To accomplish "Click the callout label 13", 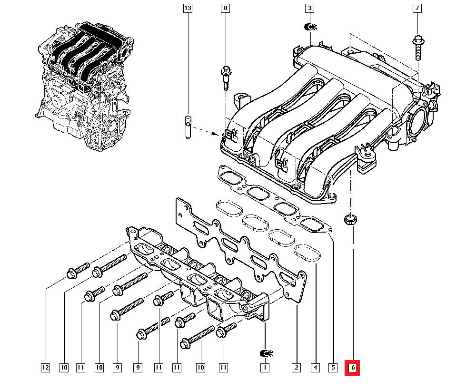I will [188, 8].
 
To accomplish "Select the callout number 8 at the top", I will [225, 8].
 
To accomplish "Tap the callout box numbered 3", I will [310, 8].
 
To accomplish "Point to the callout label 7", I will [417, 8].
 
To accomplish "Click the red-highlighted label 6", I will [352, 368].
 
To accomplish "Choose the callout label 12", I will [45, 368].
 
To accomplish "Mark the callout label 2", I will [297, 368].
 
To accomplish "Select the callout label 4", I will [315, 368].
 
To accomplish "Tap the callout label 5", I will [333, 368].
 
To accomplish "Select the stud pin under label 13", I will [188, 127].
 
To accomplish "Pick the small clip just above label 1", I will [266, 353].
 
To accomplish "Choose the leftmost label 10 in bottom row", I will [64, 368].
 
